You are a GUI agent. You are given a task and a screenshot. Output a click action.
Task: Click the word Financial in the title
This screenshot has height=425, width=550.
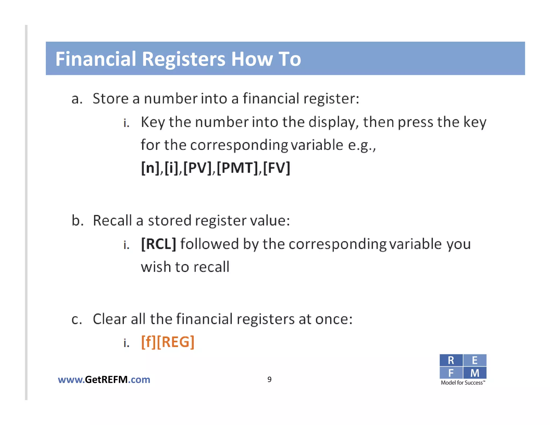tap(96, 59)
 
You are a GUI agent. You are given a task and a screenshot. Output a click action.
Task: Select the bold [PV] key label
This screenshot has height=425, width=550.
tap(197, 168)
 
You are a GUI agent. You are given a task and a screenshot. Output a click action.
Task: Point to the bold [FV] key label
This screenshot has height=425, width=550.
tap(277, 168)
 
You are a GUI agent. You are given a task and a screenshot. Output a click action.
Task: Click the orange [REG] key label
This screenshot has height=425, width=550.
tap(176, 342)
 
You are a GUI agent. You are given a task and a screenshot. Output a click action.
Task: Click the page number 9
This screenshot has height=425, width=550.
tap(269, 379)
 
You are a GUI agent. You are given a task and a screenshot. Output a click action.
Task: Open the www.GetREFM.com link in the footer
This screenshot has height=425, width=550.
tap(104, 380)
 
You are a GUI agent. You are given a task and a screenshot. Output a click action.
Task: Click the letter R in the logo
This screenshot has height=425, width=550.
tap(451, 360)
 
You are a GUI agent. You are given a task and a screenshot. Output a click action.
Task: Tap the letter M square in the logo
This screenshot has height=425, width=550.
tap(475, 373)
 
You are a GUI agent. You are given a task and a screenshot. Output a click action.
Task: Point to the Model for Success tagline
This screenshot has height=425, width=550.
tap(463, 383)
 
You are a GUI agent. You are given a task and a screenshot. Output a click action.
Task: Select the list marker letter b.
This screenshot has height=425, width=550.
tap(77, 221)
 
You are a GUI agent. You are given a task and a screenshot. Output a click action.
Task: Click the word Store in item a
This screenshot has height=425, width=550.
tap(110, 98)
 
